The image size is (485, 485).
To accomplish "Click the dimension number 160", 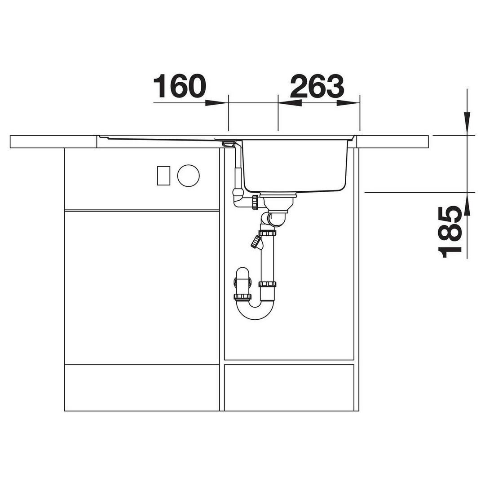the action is point(180,86).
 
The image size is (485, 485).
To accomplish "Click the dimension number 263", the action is point(317,86).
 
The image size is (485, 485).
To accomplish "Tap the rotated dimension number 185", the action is point(450,232).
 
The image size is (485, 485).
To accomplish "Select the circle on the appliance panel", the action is point(188,176).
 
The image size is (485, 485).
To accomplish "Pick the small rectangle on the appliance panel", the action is point(163,176).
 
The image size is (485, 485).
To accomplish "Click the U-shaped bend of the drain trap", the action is point(255,312).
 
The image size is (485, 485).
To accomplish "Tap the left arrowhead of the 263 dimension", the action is point(290,103).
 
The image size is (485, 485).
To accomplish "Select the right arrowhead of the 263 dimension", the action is point(348,103).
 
